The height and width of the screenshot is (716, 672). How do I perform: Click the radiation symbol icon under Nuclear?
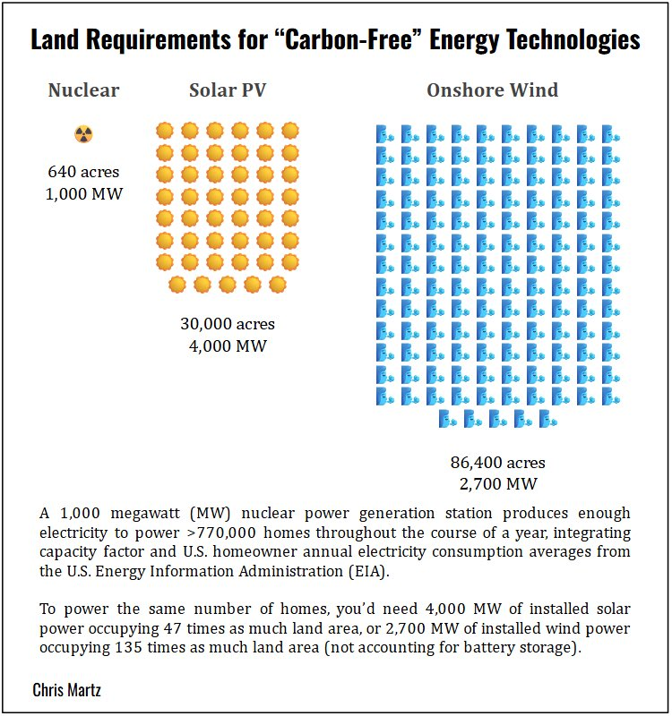pyautogui.click(x=83, y=134)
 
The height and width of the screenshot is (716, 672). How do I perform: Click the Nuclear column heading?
pyautogui.click(x=83, y=90)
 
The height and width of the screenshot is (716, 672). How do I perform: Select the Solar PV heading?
pyautogui.click(x=228, y=90)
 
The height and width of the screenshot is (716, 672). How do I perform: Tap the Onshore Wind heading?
pyautogui.click(x=492, y=90)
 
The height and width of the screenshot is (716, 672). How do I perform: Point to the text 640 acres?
pyautogui.click(x=83, y=172)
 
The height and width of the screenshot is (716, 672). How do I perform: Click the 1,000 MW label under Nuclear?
pyautogui.click(x=83, y=193)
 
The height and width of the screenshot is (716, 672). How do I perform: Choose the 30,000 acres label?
pyautogui.click(x=228, y=324)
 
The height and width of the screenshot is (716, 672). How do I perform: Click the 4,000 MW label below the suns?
pyautogui.click(x=228, y=345)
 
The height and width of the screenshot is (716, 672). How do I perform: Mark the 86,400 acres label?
pyautogui.click(x=497, y=463)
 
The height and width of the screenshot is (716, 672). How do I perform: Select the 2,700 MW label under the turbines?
pyautogui.click(x=497, y=484)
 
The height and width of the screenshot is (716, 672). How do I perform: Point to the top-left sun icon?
pyautogui.click(x=165, y=130)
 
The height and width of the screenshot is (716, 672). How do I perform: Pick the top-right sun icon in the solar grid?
pyautogui.click(x=289, y=130)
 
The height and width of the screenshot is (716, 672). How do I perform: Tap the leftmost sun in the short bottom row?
pyautogui.click(x=177, y=284)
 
